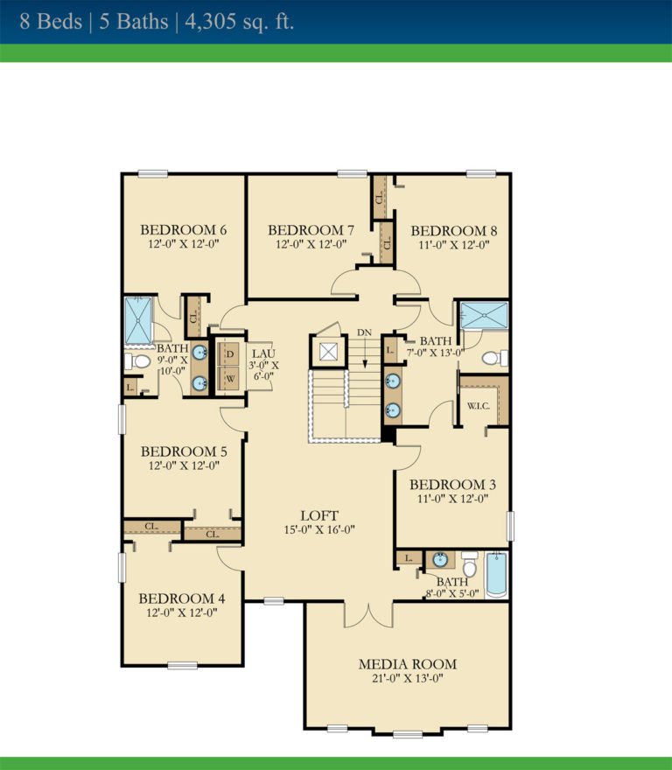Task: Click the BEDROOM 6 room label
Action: [x=184, y=230]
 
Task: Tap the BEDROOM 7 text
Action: [x=311, y=230]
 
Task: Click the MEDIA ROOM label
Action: [x=407, y=664]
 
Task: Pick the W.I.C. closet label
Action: [x=478, y=406]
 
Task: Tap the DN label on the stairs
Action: [x=365, y=333]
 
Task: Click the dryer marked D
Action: [x=231, y=354]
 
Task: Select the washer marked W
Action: [x=231, y=379]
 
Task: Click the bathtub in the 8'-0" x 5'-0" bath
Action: [x=496, y=574]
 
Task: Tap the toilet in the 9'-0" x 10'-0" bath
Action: [x=136, y=361]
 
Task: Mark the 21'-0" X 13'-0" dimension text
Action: [x=407, y=680]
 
